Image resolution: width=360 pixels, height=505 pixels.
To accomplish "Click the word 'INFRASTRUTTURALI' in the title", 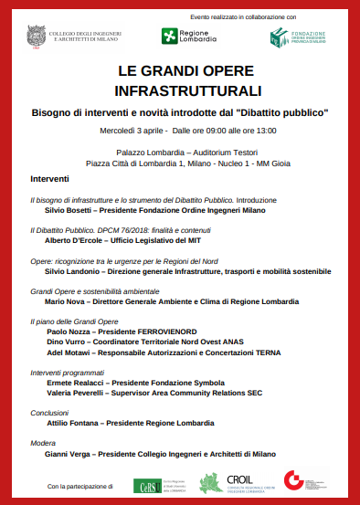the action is coord(179,91).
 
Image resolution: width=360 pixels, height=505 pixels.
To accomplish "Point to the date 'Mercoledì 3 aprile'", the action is coord(132,131).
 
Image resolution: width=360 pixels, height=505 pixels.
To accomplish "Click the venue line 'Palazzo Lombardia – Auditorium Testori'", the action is coord(179,151).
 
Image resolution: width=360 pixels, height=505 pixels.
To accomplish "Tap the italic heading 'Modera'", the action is coord(43,442).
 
